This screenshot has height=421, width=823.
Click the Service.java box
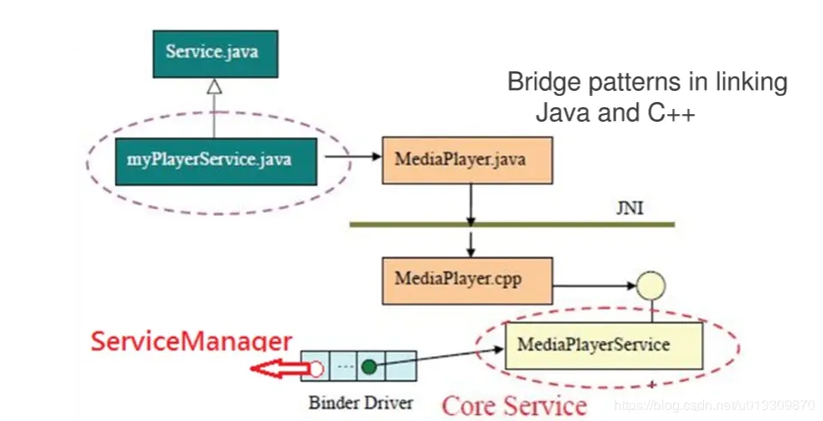point(215,54)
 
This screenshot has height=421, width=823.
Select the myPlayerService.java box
point(216,162)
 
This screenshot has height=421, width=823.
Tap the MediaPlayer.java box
point(467,160)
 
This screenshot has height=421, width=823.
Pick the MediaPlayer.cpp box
point(467,281)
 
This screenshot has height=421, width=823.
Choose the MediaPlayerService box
point(604,346)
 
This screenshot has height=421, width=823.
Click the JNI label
point(629,208)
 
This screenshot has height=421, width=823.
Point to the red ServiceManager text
point(191,341)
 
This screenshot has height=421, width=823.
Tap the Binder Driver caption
point(361,403)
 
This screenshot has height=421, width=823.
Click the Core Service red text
point(514,406)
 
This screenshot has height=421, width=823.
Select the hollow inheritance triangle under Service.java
point(214,87)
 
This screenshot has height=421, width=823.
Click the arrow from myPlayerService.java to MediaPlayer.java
point(352,156)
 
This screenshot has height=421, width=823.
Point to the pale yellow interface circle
point(651,286)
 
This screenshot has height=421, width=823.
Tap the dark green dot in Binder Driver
point(369,367)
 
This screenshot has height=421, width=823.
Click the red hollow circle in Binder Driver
point(316,369)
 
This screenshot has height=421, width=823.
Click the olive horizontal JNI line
point(513,225)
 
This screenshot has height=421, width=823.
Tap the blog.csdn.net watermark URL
point(714,405)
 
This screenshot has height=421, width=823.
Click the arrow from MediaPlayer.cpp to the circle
point(594,286)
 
